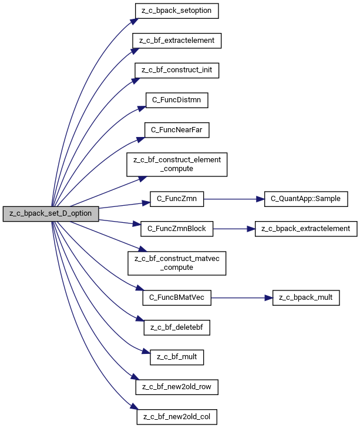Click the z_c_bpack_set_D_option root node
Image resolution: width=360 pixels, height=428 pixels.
tap(51, 214)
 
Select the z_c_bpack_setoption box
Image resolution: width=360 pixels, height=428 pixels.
tap(177, 11)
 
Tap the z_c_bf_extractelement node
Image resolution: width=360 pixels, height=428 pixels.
tap(177, 41)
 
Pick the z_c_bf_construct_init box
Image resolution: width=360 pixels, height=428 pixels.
tap(177, 71)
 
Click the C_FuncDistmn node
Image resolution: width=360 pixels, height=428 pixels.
tap(177, 100)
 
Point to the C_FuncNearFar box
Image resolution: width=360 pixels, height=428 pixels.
tap(177, 130)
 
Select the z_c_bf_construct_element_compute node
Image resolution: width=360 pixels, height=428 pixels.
tap(177, 165)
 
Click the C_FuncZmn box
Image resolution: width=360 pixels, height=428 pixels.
tap(177, 199)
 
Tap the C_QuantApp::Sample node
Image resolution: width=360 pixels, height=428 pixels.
tap(306, 199)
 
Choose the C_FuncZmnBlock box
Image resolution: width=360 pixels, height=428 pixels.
tap(177, 229)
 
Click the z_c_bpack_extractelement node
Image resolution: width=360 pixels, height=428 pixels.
tap(306, 229)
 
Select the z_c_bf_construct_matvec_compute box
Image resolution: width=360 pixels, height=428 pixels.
tap(177, 263)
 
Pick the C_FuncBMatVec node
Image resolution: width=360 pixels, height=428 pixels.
tap(177, 298)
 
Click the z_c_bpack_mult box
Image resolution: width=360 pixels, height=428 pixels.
tap(306, 298)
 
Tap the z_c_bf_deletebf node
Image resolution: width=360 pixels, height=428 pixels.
tap(177, 327)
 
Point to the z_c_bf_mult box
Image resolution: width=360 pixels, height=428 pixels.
tap(177, 357)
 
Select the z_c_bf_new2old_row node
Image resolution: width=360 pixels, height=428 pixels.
tap(177, 387)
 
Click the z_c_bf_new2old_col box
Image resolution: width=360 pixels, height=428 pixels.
tap(177, 417)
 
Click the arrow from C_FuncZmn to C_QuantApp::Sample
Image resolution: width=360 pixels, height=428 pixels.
tap(234, 199)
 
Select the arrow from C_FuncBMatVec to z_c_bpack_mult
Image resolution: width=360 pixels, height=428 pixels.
tap(242, 298)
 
